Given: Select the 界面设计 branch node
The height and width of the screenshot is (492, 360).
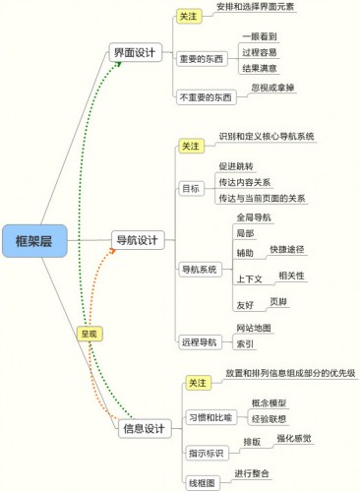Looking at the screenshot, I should tap(138, 52).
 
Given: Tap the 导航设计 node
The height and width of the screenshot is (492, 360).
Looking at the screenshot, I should tap(139, 238).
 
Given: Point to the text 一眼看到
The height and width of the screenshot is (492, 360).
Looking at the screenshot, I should tap(258, 36).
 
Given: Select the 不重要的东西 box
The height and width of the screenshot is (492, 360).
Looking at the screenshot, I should tap(206, 97).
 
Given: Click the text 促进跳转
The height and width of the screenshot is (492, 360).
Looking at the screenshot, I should tap(238, 165).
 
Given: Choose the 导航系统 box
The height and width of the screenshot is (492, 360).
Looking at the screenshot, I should tap(200, 268).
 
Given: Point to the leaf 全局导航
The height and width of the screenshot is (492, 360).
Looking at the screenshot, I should tap(256, 215).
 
